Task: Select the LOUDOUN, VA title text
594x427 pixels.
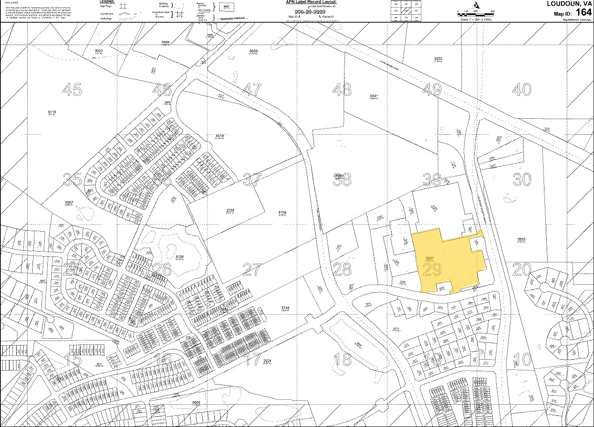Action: [569, 4]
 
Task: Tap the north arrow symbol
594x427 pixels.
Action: [477, 5]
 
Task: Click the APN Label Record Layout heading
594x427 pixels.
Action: [311, 2]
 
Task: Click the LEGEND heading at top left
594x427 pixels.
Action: [108, 2]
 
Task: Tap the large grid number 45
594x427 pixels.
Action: [72, 90]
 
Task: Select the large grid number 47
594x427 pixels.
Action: [252, 90]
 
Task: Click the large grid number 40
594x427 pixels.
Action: [522, 90]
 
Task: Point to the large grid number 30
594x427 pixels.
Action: [522, 180]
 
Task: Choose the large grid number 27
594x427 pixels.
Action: [252, 269]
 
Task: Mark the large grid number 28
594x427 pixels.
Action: [342, 269]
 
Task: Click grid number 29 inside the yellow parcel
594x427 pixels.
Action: [432, 269]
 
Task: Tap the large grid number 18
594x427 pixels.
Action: [342, 360]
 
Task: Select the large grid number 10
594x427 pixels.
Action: [522, 360]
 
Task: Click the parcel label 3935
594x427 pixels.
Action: [522, 239]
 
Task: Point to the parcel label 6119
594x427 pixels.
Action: [52, 112]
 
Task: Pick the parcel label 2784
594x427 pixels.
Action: [230, 210]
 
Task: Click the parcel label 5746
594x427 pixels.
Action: [286, 308]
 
